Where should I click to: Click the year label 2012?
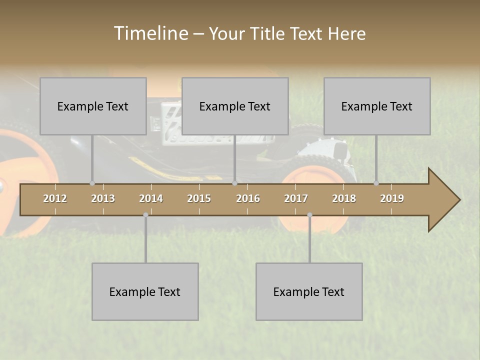point(55,198)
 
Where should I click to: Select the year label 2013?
point(103,198)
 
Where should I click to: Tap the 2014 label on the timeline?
point(151,198)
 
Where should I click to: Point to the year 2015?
point(199,198)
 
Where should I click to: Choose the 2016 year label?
point(248,198)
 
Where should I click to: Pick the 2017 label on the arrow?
point(296,198)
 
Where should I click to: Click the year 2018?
point(344,198)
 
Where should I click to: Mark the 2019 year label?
point(392,198)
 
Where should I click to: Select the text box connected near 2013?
point(93,106)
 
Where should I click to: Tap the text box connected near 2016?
point(235,106)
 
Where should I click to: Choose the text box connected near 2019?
point(377,106)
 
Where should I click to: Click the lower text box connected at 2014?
point(145,291)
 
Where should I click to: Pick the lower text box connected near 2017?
point(309,291)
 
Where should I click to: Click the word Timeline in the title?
point(150,33)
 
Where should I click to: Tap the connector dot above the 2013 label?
point(92,183)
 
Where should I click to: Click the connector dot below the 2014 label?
point(145,215)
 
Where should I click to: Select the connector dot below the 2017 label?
point(309,215)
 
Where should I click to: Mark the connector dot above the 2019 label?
point(376,183)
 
